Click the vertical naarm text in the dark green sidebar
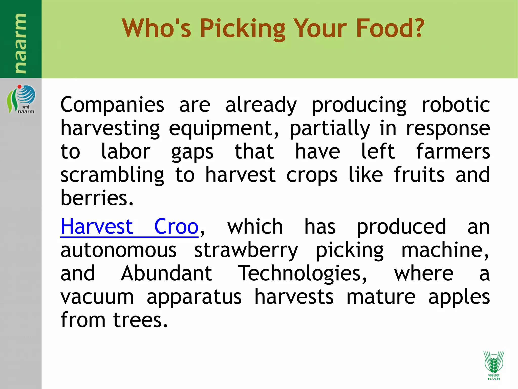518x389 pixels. [x=20, y=43]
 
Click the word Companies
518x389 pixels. [x=112, y=105]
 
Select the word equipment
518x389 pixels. [x=224, y=129]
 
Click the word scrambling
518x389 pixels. [x=112, y=175]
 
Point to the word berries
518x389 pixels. [x=97, y=198]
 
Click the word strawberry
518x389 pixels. [x=246, y=250]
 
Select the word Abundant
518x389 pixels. [x=166, y=274]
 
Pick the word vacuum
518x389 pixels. [x=97, y=297]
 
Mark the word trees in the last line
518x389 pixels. [x=140, y=320]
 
